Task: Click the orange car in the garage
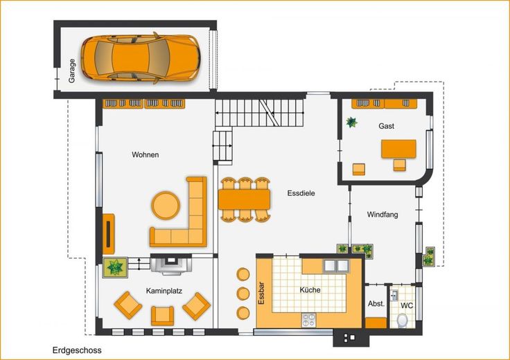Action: (140, 58)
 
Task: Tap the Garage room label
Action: (71, 71)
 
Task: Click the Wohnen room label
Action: (146, 154)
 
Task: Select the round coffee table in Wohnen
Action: (166, 206)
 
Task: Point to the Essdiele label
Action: (301, 193)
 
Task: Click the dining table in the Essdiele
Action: (245, 199)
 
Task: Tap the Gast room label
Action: (387, 126)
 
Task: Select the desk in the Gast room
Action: (398, 149)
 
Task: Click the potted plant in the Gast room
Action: (351, 123)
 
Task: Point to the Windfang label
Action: (382, 215)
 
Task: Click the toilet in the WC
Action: (403, 320)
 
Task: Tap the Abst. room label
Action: (376, 304)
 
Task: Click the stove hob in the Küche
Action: (308, 320)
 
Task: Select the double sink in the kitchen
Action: (335, 266)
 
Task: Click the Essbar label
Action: (261, 293)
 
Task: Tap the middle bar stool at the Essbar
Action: (243, 294)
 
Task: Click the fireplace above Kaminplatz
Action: (171, 264)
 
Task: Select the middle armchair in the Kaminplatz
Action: (162, 316)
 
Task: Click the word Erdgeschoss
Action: (77, 350)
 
